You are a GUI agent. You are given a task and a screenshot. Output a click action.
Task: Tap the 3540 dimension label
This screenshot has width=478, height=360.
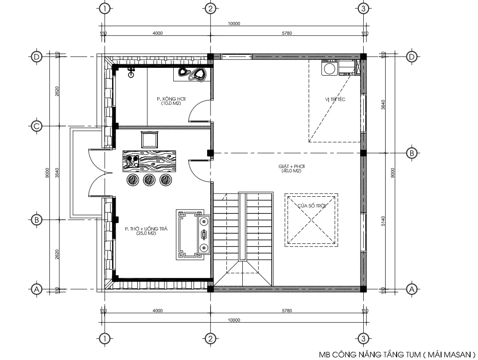[x=57, y=173]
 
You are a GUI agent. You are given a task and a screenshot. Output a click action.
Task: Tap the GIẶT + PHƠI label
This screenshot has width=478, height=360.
[x=292, y=167]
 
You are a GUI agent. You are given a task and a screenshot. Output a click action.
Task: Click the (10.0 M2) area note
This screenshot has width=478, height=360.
[x=170, y=104]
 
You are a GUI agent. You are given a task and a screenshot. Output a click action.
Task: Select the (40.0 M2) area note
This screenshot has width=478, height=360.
[x=291, y=171]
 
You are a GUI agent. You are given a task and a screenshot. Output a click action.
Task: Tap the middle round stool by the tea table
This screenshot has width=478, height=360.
[x=149, y=179]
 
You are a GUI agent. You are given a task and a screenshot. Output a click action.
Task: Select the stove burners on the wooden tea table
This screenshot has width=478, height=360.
[x=132, y=161]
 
